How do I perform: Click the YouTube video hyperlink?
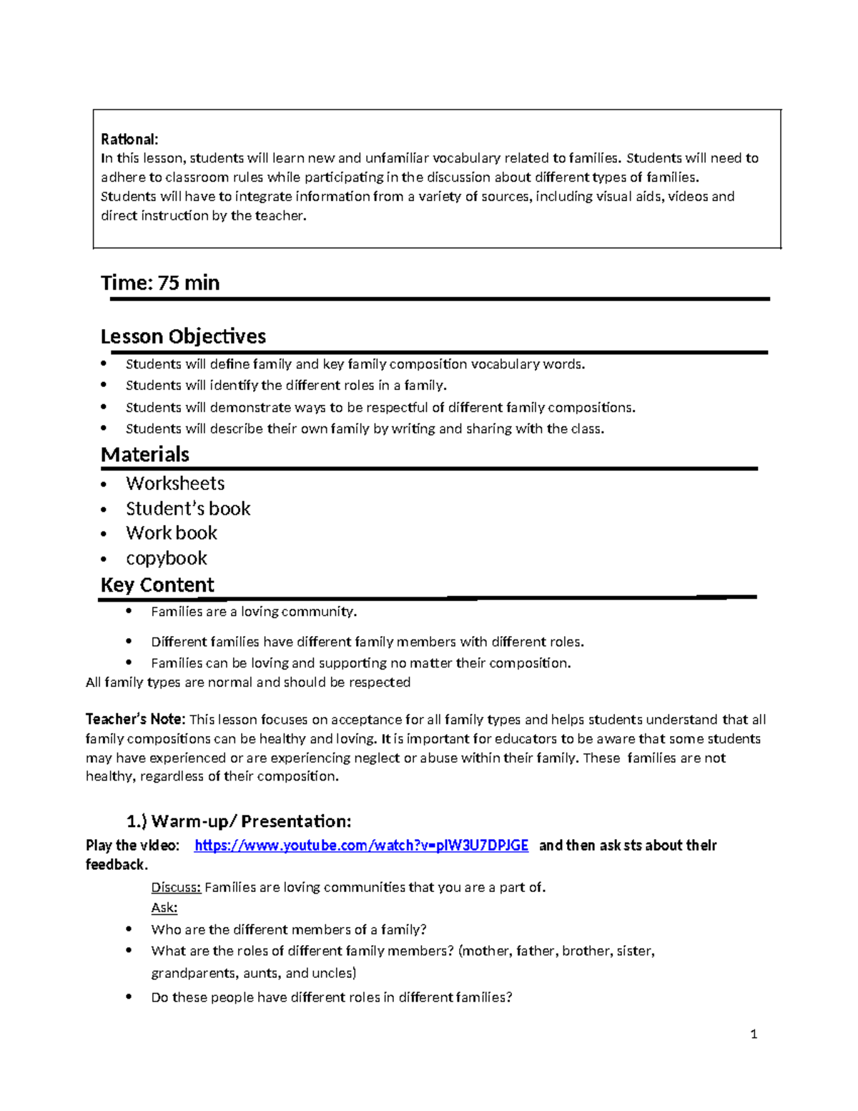coord(361,846)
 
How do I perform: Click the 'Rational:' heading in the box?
coord(129,139)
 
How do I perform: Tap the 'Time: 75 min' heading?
coord(160,283)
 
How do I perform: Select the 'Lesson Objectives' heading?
coord(183,336)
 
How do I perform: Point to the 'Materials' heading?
coord(145,454)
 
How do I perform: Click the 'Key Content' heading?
coord(157,584)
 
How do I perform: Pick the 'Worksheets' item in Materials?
coord(175,484)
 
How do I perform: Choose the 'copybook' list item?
coord(167,558)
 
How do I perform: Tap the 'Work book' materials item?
coord(172,533)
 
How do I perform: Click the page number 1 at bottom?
coord(754,1034)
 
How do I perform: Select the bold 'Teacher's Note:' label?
coord(135,720)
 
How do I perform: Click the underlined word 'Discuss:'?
coord(176,888)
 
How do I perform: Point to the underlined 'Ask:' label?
coord(164,908)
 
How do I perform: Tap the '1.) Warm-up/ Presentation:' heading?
coord(239,821)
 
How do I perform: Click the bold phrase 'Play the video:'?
coord(132,846)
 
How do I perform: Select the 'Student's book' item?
coord(188,509)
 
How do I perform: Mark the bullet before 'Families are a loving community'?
coord(129,610)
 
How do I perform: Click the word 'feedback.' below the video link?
coord(117,865)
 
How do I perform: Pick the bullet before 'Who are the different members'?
coord(129,929)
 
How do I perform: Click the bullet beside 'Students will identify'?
coord(104,385)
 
